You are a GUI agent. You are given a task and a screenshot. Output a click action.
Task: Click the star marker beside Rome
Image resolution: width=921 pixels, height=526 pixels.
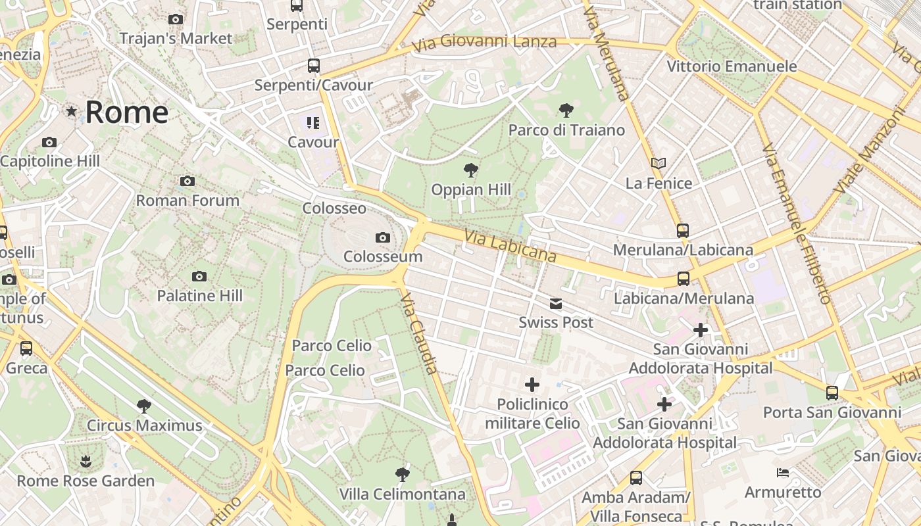coord(71,112)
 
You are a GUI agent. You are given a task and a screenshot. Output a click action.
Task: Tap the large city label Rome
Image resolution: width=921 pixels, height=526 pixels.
coord(126,112)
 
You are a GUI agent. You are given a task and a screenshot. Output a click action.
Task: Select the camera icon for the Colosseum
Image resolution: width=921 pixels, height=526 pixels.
coord(382,237)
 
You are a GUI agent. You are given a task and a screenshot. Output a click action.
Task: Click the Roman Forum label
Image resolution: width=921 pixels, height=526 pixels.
coord(187,201)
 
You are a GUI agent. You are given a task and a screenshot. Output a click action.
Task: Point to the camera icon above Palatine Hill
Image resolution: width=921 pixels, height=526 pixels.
coord(199,277)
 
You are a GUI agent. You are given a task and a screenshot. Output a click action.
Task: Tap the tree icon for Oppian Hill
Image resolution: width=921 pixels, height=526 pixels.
coord(470,171)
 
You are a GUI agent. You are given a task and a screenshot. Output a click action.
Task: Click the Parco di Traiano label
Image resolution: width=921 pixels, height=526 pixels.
coord(566,130)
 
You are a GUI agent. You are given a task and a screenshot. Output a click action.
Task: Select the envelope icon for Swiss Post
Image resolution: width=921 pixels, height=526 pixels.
coord(556,303)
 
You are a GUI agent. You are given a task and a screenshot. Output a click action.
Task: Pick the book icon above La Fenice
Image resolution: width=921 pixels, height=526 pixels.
coord(659,163)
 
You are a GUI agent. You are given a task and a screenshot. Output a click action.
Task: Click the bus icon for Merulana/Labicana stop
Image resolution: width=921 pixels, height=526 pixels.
coord(683,231)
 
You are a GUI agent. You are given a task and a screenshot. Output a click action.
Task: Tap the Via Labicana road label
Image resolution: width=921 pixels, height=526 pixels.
coord(510,246)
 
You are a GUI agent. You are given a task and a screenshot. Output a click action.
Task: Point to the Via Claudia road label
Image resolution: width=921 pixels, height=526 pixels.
coord(419,333)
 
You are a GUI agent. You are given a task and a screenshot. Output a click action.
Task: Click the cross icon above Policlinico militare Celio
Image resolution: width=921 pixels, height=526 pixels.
coord(532,385)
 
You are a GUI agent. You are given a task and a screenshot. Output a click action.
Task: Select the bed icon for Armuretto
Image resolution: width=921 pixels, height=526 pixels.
coord(782,473)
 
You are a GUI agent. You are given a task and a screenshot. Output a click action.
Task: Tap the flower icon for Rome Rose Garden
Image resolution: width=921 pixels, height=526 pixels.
coord(86,462)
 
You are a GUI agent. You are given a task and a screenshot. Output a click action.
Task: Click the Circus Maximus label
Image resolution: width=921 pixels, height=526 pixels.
coord(145,425)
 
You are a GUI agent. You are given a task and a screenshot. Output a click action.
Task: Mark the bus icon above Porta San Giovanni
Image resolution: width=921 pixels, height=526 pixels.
coord(832,393)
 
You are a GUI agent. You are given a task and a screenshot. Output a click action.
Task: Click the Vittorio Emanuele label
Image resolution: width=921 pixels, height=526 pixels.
coord(732,66)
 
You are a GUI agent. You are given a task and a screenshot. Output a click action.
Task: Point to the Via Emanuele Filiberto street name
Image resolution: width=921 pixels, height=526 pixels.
coord(797,224)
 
